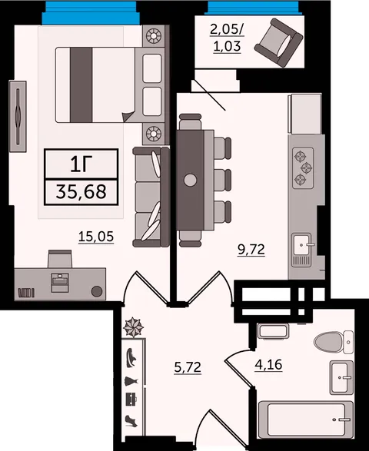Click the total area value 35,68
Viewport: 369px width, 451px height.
(81, 192)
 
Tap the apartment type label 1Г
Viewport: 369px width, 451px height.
(81, 164)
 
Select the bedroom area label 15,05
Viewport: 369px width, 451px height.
(96, 237)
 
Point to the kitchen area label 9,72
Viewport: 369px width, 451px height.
(251, 250)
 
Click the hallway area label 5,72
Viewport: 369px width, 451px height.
(188, 367)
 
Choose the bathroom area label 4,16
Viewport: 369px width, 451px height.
(268, 365)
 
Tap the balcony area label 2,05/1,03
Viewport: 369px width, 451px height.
(227, 38)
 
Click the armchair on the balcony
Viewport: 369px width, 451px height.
(278, 43)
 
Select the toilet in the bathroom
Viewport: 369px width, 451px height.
(334, 342)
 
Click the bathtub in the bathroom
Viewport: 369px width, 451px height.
(306, 419)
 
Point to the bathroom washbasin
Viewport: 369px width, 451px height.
(341, 377)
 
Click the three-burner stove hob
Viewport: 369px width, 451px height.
(303, 168)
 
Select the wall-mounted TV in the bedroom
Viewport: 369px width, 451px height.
(18, 116)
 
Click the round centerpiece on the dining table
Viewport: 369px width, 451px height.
(190, 181)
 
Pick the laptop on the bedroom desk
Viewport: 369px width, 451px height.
(60, 283)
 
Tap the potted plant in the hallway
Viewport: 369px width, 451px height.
(133, 327)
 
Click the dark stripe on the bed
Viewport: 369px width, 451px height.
(81, 85)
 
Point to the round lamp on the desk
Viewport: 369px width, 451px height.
(97, 291)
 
